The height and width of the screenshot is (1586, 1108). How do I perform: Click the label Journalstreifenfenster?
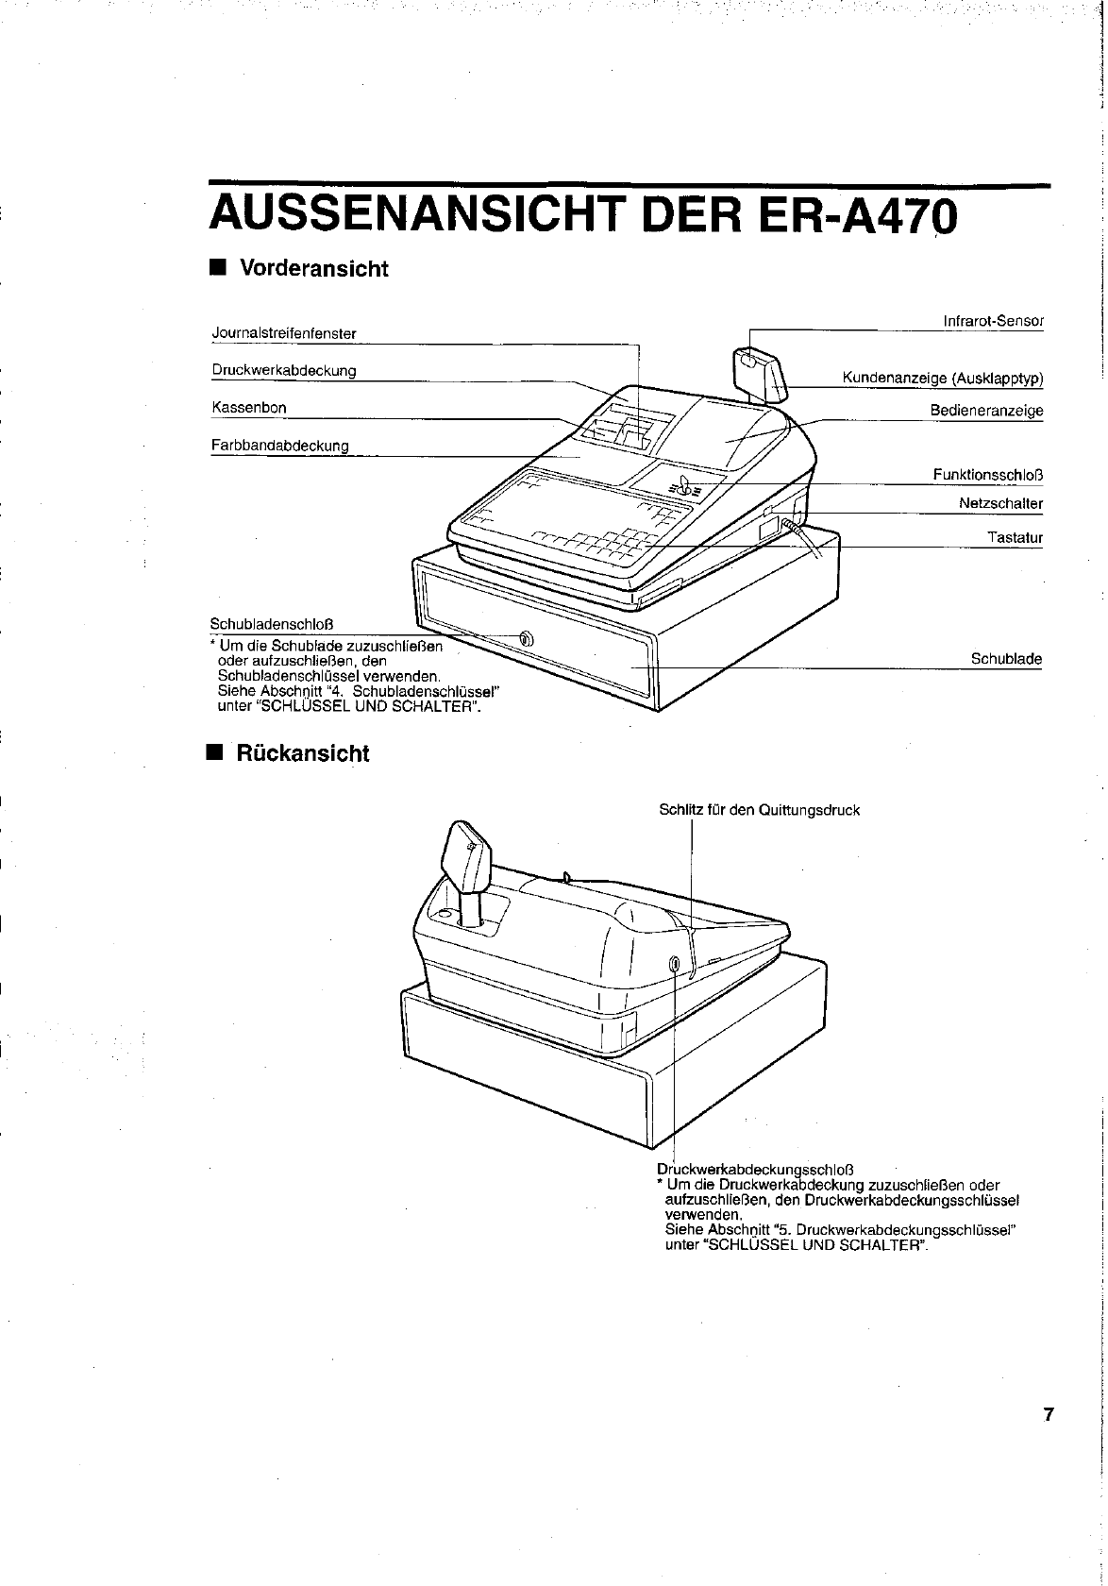point(284,333)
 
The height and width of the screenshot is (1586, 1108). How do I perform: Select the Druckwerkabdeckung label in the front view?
point(284,370)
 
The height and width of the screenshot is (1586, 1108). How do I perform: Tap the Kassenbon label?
point(249,408)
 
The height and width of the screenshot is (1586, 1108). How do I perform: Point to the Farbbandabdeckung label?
point(280,445)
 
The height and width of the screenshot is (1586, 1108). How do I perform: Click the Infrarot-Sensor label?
point(993,321)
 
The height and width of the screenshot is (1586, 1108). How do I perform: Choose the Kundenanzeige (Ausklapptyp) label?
point(942,379)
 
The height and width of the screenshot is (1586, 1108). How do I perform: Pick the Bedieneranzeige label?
point(986,411)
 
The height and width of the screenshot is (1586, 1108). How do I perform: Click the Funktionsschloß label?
point(987,474)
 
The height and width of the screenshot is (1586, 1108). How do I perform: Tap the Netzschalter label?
point(1000,503)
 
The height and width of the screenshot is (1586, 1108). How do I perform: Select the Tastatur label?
point(1015,538)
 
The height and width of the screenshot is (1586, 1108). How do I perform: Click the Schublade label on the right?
point(1006,659)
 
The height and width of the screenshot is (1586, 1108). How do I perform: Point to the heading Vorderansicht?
point(313,269)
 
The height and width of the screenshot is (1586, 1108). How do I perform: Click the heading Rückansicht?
point(302,753)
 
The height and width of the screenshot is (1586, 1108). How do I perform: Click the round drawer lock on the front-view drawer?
point(527,640)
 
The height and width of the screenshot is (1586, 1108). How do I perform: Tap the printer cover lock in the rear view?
point(674,964)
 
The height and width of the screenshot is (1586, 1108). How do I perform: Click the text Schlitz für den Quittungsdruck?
point(759,810)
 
